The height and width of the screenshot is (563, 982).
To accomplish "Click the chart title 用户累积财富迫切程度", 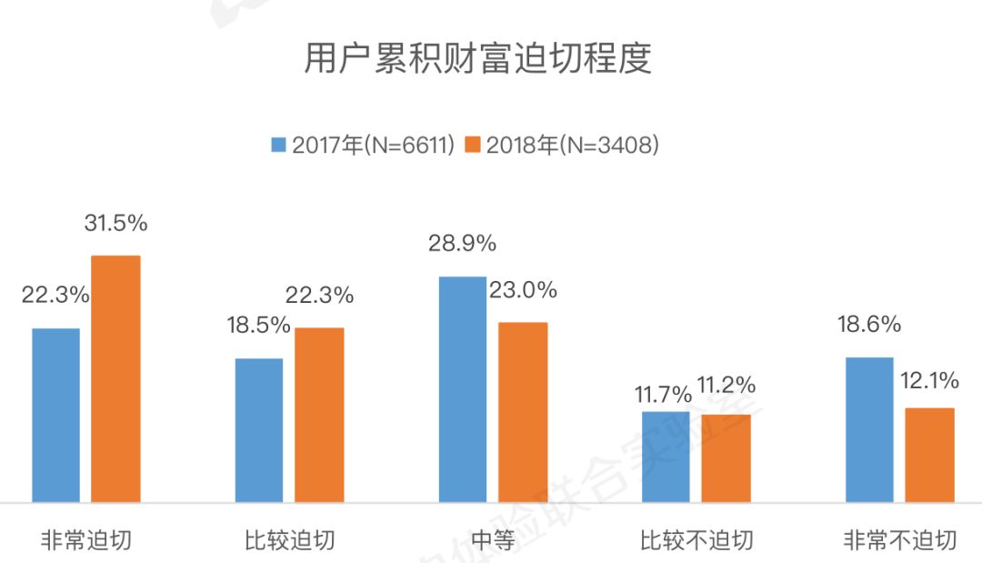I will pyautogui.click(x=478, y=61).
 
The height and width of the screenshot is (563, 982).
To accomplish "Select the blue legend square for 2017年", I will pyautogui.click(x=279, y=146).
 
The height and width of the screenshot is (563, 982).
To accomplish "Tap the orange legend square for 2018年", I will pyautogui.click(x=473, y=146).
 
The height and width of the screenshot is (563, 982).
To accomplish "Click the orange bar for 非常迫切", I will pyautogui.click(x=116, y=378).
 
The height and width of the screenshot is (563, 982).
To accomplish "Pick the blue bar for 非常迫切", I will pyautogui.click(x=56, y=415).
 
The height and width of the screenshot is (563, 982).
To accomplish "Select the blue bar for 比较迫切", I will pyautogui.click(x=259, y=430).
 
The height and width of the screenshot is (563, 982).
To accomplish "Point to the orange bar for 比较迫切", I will pyautogui.click(x=320, y=415).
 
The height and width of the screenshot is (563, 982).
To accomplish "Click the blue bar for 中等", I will pyautogui.click(x=463, y=389).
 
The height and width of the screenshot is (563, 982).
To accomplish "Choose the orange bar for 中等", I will pyautogui.click(x=524, y=412).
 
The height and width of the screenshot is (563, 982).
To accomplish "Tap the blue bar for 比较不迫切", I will pyautogui.click(x=666, y=457).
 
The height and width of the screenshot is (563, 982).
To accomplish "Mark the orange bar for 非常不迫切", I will pyautogui.click(x=930, y=455).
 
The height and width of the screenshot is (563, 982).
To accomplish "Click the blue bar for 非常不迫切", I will pyautogui.click(x=869, y=429).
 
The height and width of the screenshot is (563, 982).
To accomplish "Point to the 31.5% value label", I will pyautogui.click(x=117, y=223).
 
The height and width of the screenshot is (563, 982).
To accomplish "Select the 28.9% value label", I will pyautogui.click(x=463, y=244).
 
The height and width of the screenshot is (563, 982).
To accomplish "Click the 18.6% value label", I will pyautogui.click(x=869, y=325).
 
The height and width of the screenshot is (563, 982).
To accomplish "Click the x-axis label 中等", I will pyautogui.click(x=494, y=539).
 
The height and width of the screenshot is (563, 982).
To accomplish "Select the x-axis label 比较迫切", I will pyautogui.click(x=290, y=539).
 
